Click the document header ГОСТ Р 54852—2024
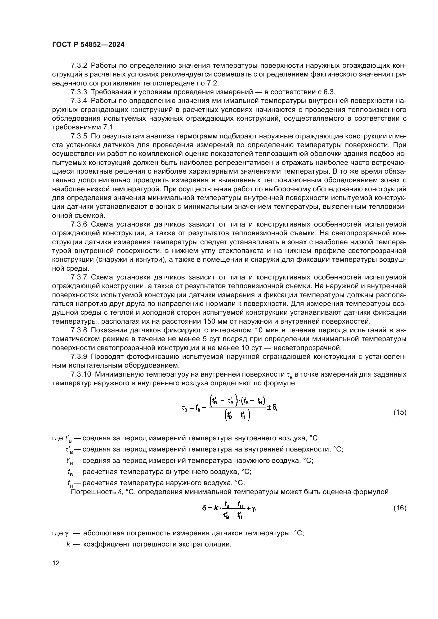88,45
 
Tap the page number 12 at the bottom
56,563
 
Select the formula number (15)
400,412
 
